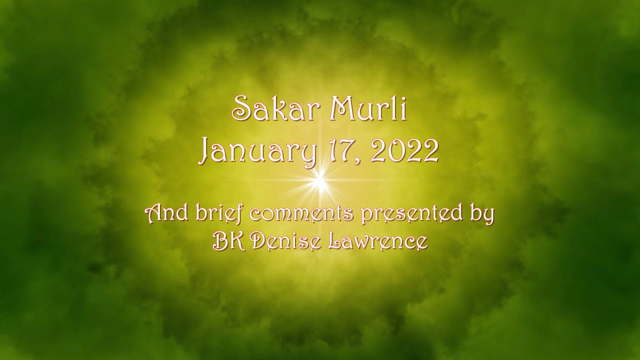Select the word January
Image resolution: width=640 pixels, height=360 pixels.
click(258, 151)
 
